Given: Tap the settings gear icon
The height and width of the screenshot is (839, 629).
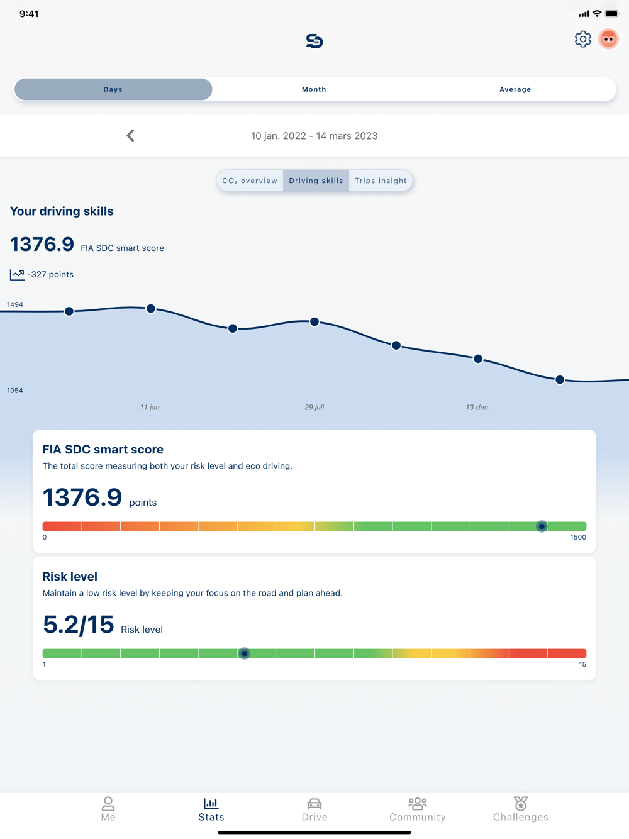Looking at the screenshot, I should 583,39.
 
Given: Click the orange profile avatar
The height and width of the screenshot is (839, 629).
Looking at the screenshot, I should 608,39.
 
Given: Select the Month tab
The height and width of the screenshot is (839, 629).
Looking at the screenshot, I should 314,89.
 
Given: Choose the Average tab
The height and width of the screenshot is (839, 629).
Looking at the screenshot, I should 515,89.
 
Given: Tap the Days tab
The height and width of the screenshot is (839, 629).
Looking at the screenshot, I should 113,89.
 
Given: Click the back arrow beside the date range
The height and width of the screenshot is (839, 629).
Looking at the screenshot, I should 130,136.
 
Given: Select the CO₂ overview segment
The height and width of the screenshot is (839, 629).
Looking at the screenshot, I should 250,181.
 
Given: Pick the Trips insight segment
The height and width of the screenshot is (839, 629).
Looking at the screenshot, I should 381,181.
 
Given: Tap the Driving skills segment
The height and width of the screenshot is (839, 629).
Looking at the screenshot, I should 316,181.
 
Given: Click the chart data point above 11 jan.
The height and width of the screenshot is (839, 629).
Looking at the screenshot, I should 151,309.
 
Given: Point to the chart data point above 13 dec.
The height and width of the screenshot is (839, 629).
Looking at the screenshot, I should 478,359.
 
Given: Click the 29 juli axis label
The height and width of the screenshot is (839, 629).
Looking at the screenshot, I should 314,408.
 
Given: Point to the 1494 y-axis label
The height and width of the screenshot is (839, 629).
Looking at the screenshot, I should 15,304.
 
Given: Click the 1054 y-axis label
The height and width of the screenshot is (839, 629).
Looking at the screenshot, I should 15,391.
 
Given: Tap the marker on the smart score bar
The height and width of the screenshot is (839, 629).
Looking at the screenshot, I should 542,526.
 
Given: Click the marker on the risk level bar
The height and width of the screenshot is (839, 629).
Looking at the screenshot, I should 245,653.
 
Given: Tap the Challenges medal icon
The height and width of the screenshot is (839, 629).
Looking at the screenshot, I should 520,804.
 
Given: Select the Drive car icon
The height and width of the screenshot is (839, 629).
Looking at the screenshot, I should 314,804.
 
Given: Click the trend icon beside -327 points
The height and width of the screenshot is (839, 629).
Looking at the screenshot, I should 17,274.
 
